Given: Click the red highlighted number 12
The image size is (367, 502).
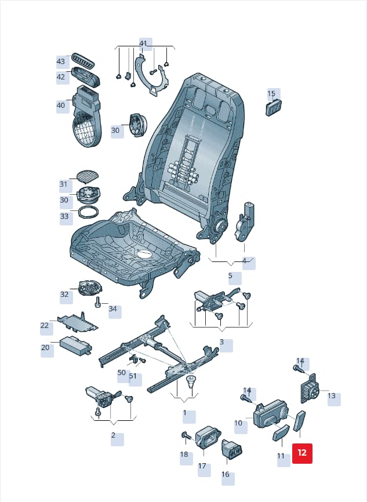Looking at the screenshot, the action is [x=302, y=453].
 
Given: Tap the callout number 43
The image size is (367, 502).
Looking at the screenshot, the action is [x=61, y=61].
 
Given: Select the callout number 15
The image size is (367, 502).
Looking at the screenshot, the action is [x=271, y=93].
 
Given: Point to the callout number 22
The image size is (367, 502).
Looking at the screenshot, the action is [x=45, y=326].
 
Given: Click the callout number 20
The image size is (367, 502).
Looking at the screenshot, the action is [x=45, y=347].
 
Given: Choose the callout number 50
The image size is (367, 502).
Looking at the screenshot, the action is [x=122, y=373].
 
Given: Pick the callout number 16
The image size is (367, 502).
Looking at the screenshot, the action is [x=226, y=474].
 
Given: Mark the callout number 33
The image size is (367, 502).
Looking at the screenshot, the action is [x=64, y=216].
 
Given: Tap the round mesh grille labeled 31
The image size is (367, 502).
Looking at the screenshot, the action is [x=88, y=175].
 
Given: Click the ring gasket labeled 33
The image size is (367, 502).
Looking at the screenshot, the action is [x=88, y=212].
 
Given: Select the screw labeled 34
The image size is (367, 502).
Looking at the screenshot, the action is [x=98, y=302].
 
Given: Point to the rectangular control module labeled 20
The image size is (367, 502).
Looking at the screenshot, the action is [x=76, y=345].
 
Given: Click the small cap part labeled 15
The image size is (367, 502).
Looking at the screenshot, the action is [x=274, y=107].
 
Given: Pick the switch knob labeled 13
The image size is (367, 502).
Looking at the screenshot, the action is [x=310, y=388].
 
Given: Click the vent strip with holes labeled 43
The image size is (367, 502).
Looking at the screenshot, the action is [x=83, y=60].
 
